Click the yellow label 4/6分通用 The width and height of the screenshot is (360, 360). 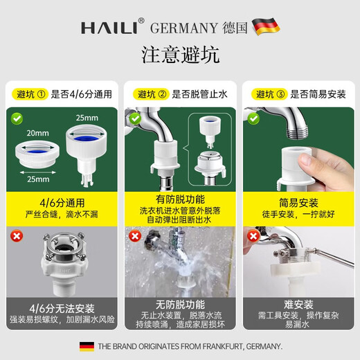[60, 203]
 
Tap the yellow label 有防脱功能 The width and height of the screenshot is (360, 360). [179, 197]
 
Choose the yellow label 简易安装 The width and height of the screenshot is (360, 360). [298, 203]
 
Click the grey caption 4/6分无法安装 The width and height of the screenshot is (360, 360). [60, 308]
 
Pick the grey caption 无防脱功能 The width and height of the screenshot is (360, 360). [179, 303]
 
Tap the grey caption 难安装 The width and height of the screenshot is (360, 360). [298, 303]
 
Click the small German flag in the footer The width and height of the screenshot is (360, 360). [87, 345]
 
